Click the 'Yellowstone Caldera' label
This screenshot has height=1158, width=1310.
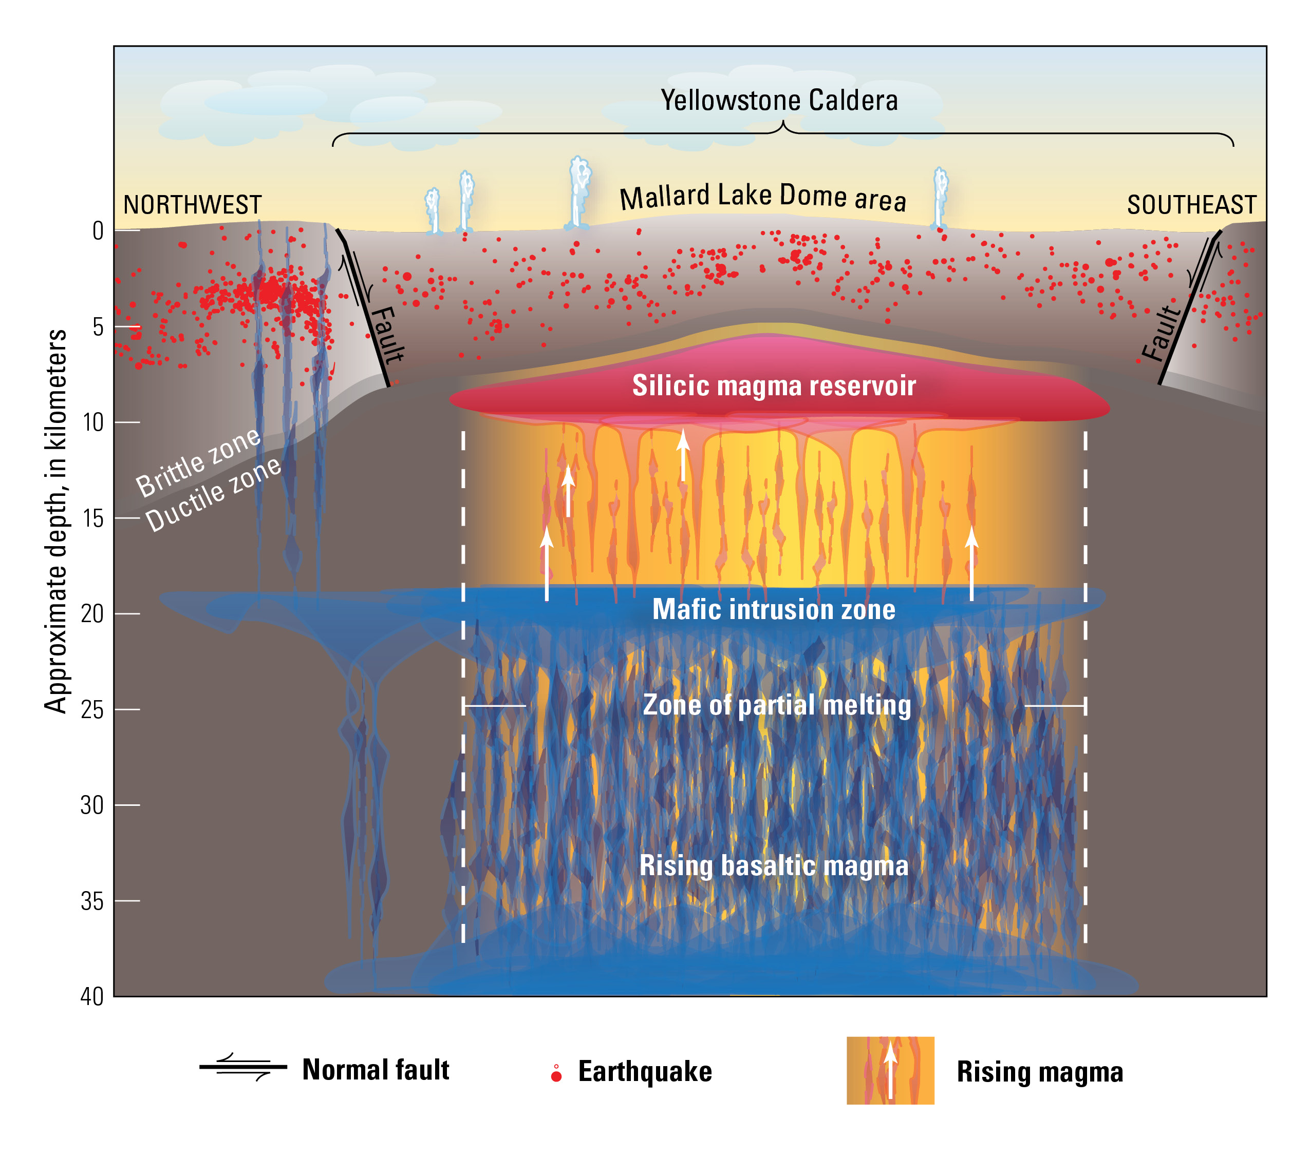pos(779,101)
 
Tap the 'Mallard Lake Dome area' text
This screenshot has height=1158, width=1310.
pos(763,197)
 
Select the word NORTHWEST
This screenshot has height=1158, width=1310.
pos(192,205)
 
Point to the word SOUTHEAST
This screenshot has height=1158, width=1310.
pos(1191,205)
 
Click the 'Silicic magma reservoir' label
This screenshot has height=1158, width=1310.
pos(774,385)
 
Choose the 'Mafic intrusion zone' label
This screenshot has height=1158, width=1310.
pos(774,609)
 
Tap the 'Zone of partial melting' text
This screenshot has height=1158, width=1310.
pos(776,705)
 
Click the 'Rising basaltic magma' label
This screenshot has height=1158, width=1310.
pos(774,865)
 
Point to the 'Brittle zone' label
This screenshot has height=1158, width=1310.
pos(199,462)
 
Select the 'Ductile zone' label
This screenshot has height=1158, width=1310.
pos(213,495)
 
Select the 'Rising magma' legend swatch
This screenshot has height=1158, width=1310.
pos(890,1070)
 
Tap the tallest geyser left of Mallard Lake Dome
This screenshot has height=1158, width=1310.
pos(579,192)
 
